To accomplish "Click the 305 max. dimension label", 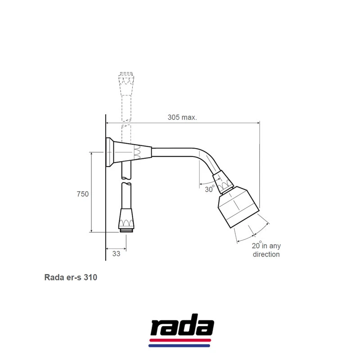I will click(182, 117).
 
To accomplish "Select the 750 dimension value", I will click(82, 194).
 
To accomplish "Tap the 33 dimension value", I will click(116, 254).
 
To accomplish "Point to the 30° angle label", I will click(209, 189).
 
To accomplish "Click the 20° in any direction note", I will click(265, 250).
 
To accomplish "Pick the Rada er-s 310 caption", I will click(71, 277).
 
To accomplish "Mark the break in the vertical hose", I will click(126, 179).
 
